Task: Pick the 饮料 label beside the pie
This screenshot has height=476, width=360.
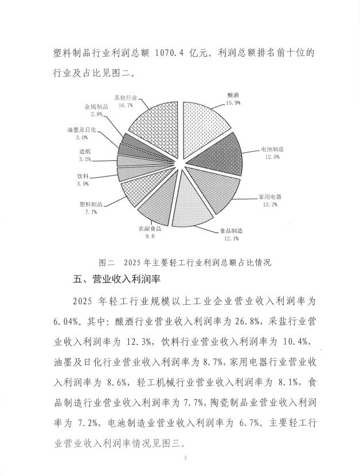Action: [x=83, y=176]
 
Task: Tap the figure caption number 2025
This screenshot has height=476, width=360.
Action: [x=143, y=263]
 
